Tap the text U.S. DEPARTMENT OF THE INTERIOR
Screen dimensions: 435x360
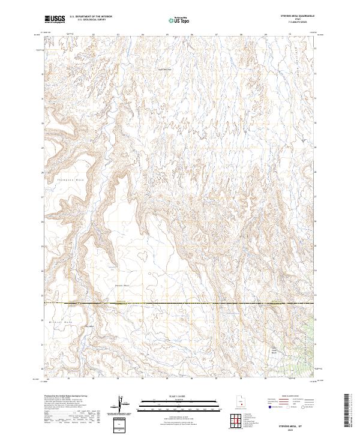91,17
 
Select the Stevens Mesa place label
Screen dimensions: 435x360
122,285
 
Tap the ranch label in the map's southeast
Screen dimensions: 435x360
274,350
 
